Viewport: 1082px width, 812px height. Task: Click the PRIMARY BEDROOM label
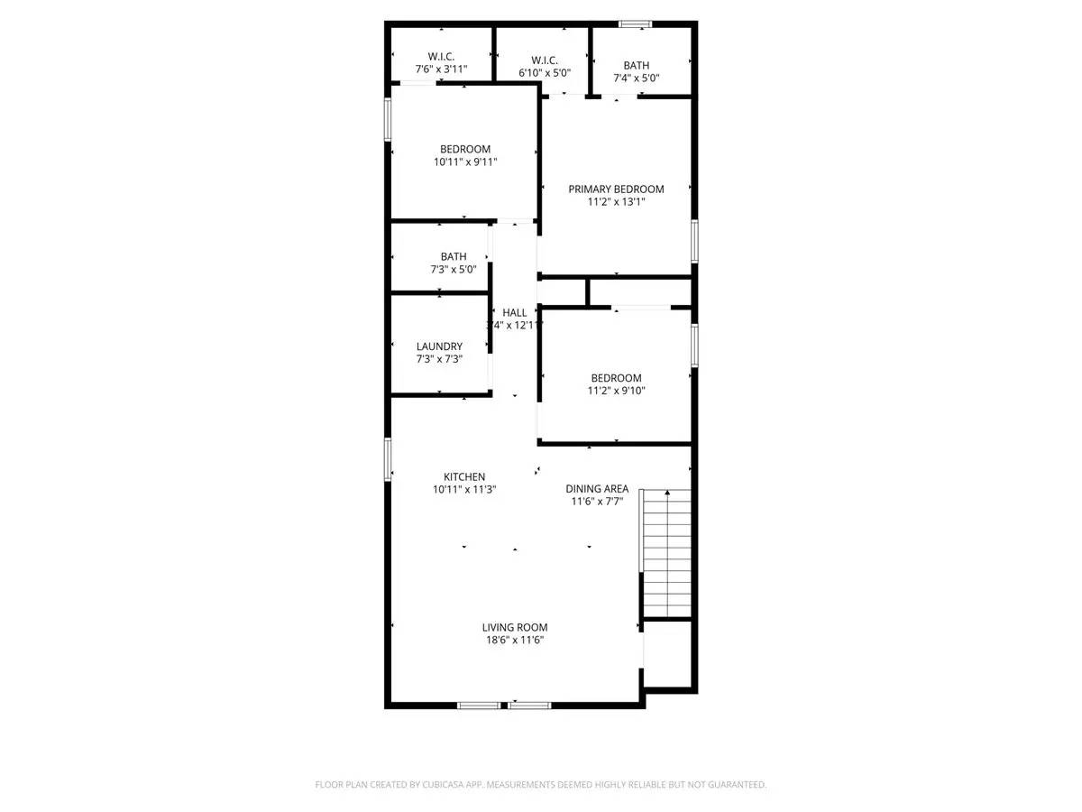pos(616,189)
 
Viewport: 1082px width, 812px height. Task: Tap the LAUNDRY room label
pos(439,346)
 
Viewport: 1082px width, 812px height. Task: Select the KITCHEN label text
pos(464,476)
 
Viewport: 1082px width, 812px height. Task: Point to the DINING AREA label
pos(597,488)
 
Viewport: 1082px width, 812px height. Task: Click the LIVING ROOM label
pos(514,627)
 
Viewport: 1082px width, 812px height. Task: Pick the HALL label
pos(515,312)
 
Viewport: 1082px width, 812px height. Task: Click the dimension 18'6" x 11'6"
pos(514,641)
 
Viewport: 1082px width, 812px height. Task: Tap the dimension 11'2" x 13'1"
pos(616,202)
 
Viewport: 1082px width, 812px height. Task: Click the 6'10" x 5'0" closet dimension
pos(543,72)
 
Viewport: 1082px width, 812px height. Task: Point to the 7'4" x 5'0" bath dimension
pos(636,78)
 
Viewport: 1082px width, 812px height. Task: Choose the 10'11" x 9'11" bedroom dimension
pos(465,162)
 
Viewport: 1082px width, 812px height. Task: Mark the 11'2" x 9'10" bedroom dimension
pos(616,391)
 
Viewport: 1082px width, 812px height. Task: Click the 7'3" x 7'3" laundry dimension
pos(439,359)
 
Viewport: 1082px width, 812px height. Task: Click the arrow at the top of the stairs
pos(667,493)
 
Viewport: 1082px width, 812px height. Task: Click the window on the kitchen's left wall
pos(388,459)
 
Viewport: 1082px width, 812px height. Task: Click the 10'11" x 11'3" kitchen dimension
pos(464,489)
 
